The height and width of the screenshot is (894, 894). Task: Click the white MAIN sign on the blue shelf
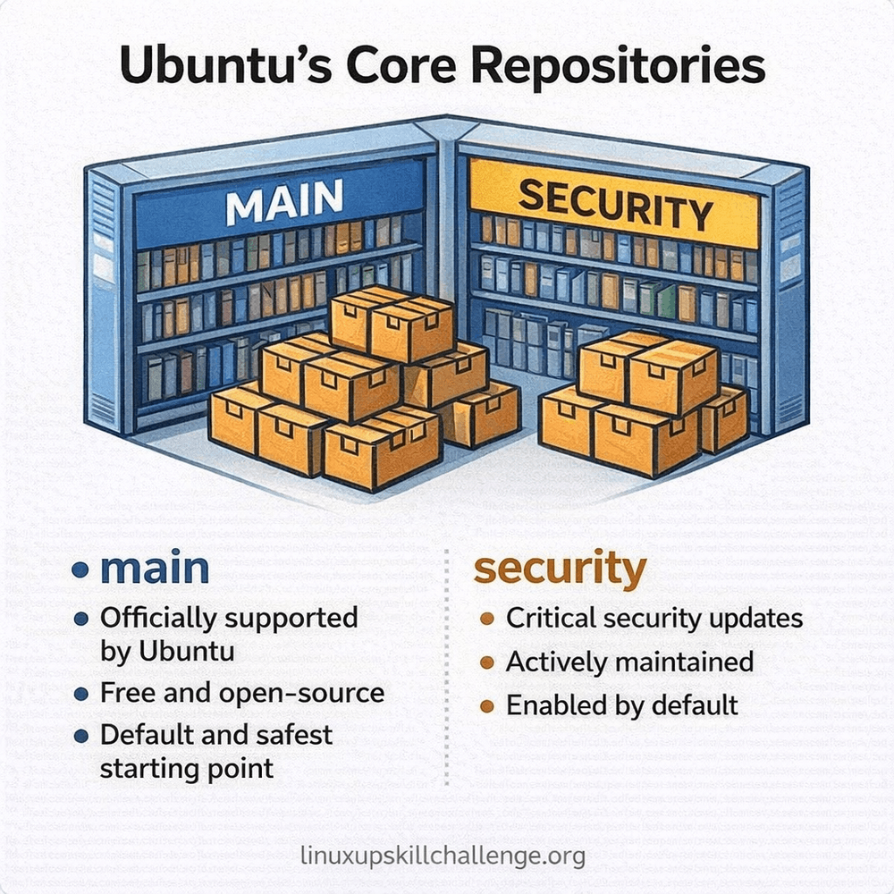283,204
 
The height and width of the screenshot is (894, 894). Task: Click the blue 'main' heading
154,569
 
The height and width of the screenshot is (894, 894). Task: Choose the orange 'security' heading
559,569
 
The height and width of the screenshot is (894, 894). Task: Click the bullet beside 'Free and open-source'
81,694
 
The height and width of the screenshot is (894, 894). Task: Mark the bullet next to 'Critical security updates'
487,619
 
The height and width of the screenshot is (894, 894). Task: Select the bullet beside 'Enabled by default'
487,706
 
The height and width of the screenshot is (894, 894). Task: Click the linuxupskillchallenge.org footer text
444,856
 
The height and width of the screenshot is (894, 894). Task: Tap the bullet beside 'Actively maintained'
487,662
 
